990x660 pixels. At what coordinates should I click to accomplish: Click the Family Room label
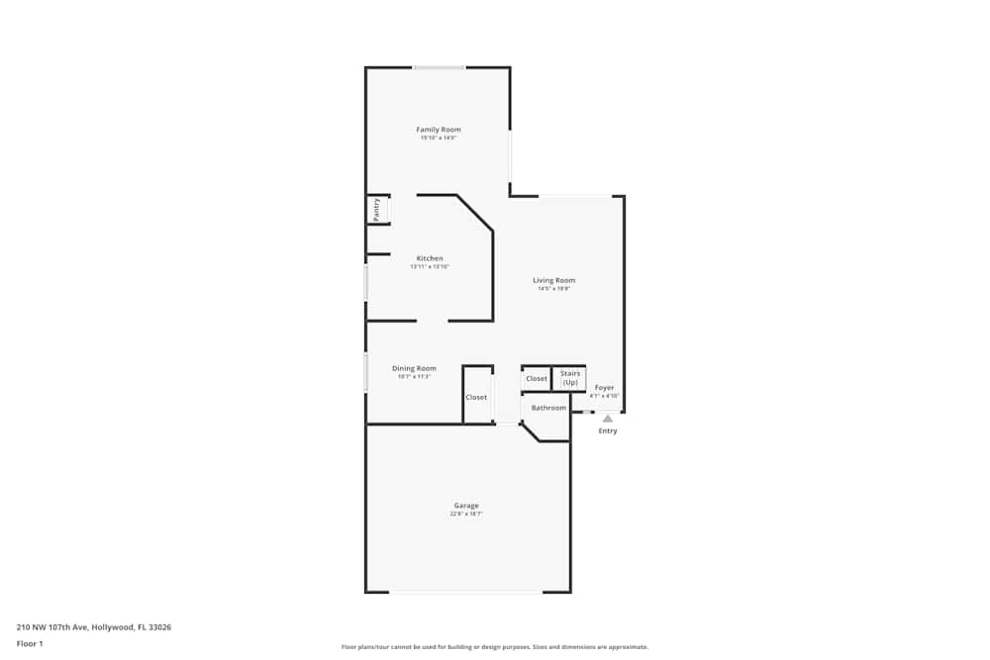(438, 130)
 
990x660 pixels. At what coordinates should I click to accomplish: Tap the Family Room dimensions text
(438, 138)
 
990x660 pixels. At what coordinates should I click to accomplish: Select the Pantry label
(376, 210)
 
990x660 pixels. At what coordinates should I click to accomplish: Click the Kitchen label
(430, 258)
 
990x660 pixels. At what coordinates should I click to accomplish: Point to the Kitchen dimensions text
(430, 266)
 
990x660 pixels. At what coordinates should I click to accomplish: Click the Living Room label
(553, 280)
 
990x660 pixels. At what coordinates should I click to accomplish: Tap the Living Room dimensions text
(553, 288)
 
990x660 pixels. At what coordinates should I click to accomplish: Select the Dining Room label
(414, 368)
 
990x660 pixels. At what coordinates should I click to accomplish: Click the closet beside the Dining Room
(476, 397)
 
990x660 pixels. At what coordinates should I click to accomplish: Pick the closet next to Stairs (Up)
(537, 378)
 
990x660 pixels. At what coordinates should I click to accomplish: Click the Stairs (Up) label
(570, 377)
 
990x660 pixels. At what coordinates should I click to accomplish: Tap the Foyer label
(604, 388)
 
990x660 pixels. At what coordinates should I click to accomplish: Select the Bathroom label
(548, 408)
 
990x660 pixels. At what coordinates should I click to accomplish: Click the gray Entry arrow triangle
(608, 419)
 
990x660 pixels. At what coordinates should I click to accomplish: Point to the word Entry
(608, 430)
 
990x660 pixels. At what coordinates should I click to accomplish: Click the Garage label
(466, 506)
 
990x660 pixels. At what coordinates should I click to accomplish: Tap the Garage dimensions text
(466, 514)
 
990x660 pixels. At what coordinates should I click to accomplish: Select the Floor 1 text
(30, 643)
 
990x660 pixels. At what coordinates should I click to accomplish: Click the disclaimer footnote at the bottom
(495, 647)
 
